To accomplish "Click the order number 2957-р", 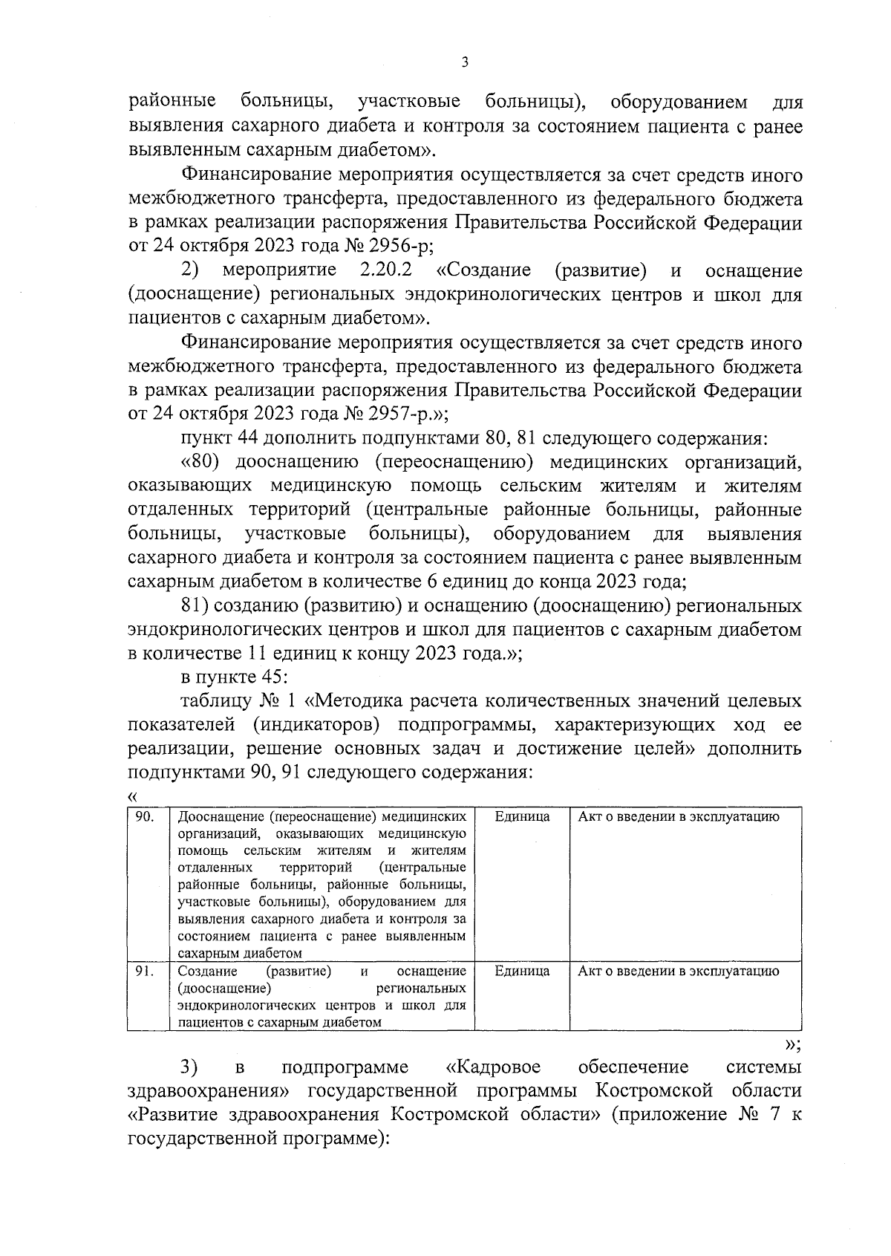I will pyautogui.click(x=395, y=413).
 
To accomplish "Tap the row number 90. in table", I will pyautogui.click(x=145, y=817).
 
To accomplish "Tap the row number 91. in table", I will pyautogui.click(x=145, y=972).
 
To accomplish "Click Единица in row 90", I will pyautogui.click(x=522, y=817).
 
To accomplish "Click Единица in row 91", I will pyautogui.click(x=522, y=972).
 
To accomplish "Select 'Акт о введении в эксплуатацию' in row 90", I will pyautogui.click(x=678, y=817).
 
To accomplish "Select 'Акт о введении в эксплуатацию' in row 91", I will pyautogui.click(x=678, y=972).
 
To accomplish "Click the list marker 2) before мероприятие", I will pyautogui.click(x=190, y=270).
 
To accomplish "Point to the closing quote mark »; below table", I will pyautogui.click(x=792, y=1044).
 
